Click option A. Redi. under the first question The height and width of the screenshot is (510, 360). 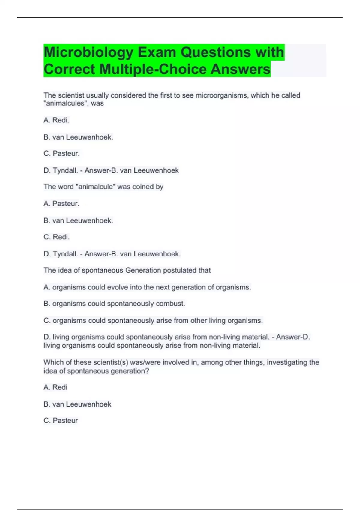coord(56,120)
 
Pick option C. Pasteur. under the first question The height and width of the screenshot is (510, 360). coord(61,153)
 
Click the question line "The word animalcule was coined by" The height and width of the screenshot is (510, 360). coord(103,187)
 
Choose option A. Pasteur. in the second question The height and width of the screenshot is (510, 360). coord(61,204)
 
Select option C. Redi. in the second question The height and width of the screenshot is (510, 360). coord(57,237)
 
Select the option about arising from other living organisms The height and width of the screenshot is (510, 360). coord(153,320)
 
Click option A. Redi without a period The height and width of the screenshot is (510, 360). coord(55,387)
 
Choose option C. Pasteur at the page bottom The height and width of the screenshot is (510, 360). coord(61,421)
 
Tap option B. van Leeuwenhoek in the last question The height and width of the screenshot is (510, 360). coord(77,404)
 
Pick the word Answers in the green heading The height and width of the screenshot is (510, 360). coord(240,69)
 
